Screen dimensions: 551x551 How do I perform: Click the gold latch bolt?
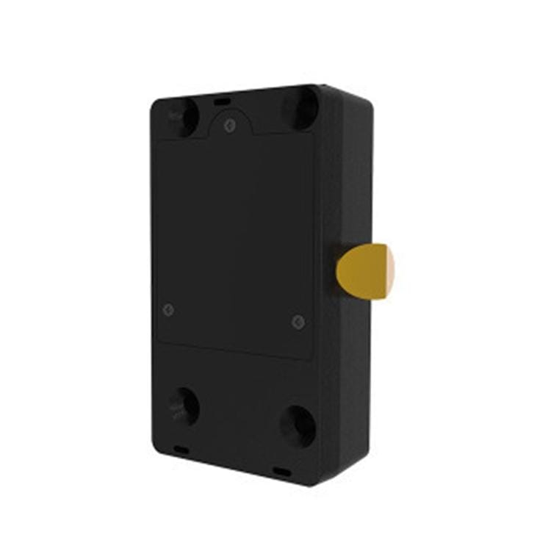pos(362,272)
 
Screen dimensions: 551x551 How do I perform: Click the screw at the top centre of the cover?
pos(229,126)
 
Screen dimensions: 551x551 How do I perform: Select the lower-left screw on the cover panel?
pos(168,309)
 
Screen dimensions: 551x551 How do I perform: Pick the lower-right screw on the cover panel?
pos(298,322)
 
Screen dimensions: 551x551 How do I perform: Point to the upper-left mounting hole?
pos(181,116)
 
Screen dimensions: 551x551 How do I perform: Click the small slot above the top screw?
pos(223,98)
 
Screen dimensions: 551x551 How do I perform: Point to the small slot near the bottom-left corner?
pos(180,448)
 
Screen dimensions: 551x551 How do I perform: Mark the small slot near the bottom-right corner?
pos(281,470)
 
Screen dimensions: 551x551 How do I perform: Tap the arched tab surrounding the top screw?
pos(229,118)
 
